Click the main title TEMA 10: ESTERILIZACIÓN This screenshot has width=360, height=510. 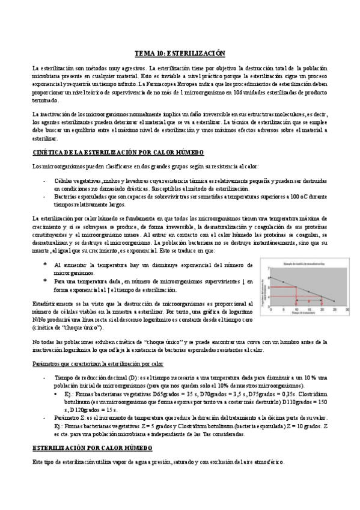pyautogui.click(x=179, y=52)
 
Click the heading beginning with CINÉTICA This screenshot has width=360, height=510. pyautogui.click(x=118, y=153)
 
